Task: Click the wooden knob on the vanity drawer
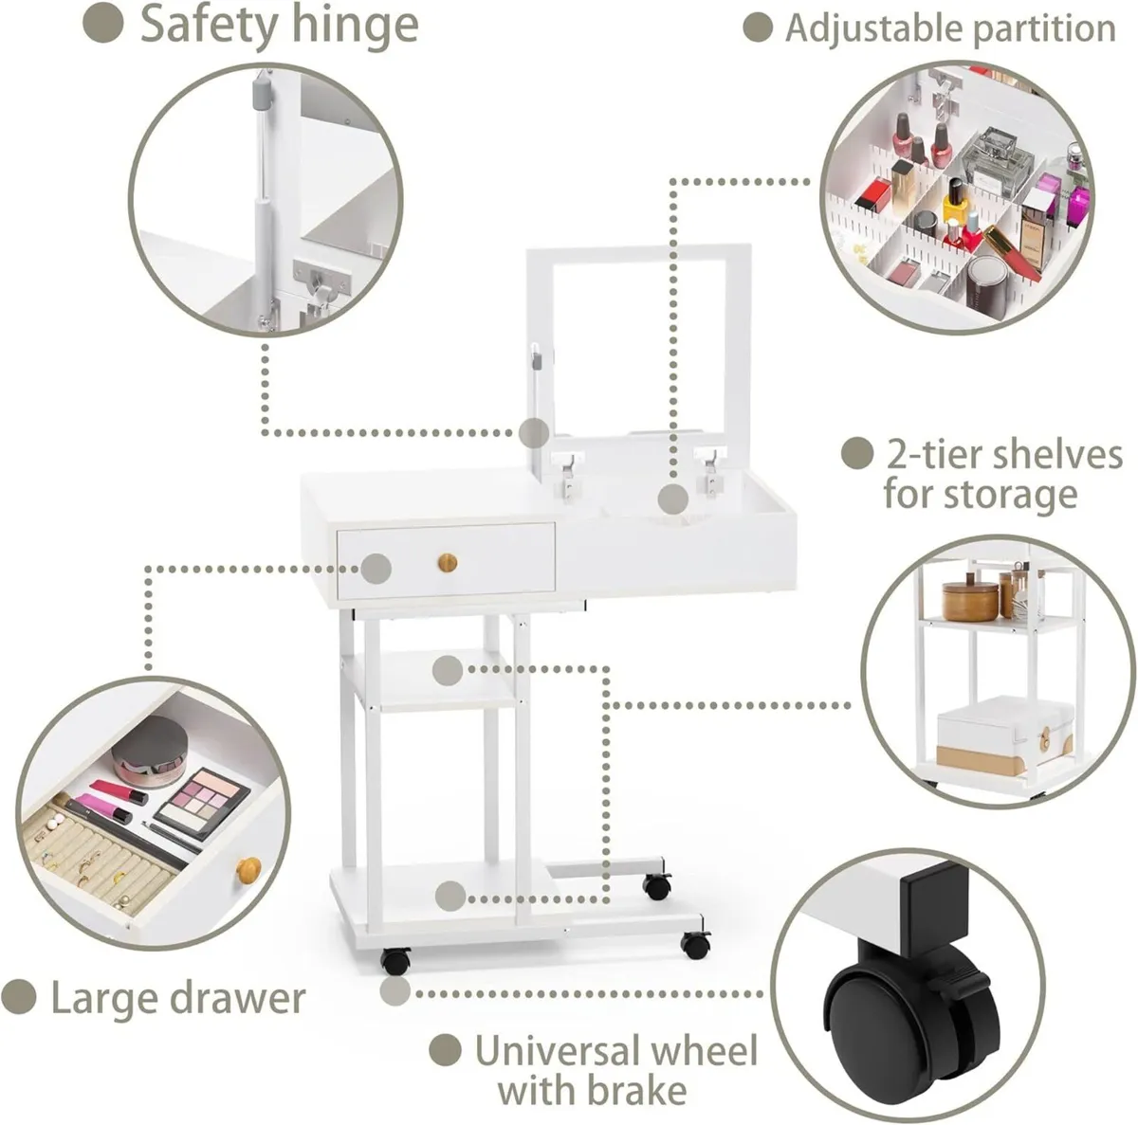pyautogui.click(x=448, y=563)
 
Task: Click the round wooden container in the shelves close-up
pyautogui.click(x=968, y=600)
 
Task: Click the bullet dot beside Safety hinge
pyautogui.click(x=103, y=26)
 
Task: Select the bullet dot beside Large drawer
pyautogui.click(x=18, y=998)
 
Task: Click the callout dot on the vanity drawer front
pyautogui.click(x=376, y=569)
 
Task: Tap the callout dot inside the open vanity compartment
pyautogui.click(x=673, y=499)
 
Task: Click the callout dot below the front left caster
pyautogui.click(x=395, y=991)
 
